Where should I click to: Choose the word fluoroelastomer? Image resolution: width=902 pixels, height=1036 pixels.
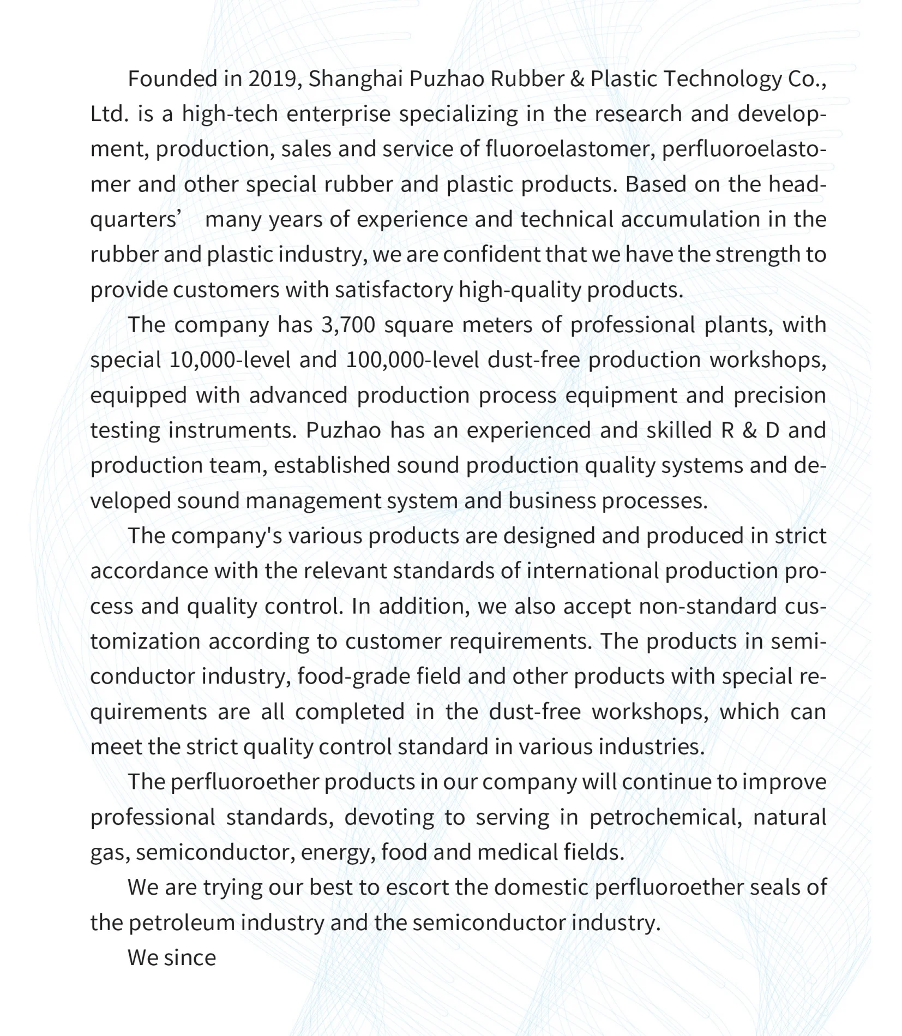tap(569, 149)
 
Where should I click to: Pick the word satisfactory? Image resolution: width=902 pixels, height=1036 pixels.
tap(393, 290)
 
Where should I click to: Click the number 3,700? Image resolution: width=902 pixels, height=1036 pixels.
tap(348, 325)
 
